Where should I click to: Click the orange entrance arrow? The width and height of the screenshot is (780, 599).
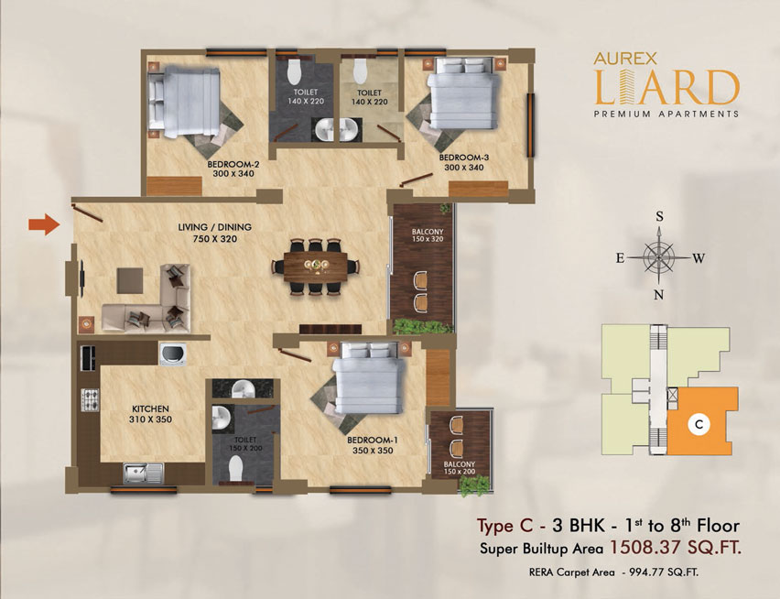point(44,224)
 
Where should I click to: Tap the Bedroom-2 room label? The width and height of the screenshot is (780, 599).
point(233,169)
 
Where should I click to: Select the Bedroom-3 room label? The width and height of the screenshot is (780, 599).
point(463,163)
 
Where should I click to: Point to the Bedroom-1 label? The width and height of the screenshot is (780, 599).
point(373,446)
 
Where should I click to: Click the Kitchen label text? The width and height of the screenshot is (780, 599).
point(150,414)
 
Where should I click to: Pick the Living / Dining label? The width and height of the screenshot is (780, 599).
point(215,233)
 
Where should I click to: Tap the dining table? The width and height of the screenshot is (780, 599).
point(315,267)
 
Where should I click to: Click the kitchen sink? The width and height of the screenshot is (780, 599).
point(143,474)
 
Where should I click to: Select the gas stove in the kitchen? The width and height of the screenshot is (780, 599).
point(90,400)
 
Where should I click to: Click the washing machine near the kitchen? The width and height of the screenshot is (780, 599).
point(173,354)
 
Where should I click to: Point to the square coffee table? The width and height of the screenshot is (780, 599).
point(130,280)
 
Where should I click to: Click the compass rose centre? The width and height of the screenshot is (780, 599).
point(659,257)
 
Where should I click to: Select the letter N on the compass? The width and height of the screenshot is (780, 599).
point(658,295)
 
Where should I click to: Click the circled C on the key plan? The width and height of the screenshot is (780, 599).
point(699,424)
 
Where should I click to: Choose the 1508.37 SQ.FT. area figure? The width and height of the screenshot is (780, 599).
point(676,548)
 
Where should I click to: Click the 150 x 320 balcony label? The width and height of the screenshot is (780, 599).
point(428,235)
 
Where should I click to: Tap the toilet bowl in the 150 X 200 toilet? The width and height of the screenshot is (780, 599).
point(236,469)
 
